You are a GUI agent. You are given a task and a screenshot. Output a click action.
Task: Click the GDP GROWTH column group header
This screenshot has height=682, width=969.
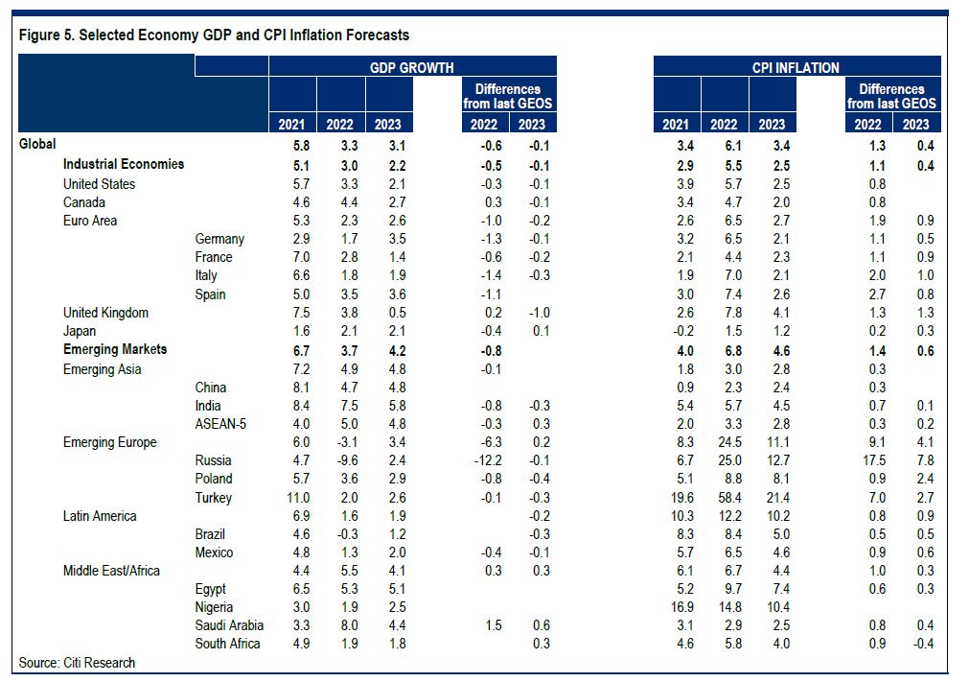pos(412,67)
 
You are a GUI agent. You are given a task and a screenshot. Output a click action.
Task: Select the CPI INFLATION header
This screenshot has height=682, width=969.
pos(796,67)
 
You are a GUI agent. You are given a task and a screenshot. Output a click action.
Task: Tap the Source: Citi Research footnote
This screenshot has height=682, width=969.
pos(77,663)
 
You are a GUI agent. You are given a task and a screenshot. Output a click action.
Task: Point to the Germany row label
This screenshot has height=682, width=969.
pos(219,239)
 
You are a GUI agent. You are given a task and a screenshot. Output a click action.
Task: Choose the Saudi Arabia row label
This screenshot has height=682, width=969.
pos(229,625)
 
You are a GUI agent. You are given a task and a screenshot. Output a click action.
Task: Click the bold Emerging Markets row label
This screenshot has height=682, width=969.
pos(115,349)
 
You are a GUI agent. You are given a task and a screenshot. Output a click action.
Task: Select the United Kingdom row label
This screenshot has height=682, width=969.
pos(105,313)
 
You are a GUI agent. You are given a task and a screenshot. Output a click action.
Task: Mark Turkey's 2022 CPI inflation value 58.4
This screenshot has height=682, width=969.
pos(724,498)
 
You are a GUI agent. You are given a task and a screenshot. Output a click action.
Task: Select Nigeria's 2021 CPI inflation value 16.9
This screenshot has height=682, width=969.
pos(677,607)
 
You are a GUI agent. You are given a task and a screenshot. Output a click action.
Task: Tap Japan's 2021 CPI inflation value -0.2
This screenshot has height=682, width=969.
pos(677,331)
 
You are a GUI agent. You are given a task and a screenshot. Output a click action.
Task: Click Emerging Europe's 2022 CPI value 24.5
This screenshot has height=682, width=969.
pos(724,442)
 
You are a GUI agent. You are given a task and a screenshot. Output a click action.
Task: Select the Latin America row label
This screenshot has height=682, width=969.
pos(100,516)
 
